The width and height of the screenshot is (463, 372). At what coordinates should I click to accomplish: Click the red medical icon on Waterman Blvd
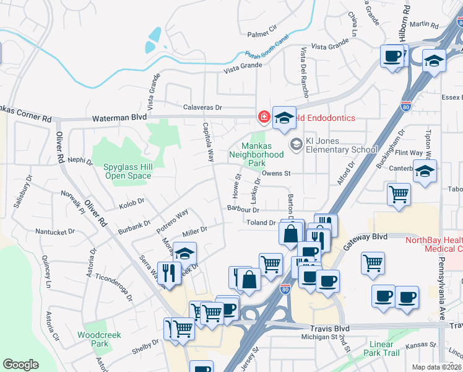pos(264,117)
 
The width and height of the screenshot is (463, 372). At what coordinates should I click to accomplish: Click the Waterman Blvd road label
pos(119,117)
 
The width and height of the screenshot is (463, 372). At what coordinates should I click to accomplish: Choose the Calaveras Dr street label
pos(201,107)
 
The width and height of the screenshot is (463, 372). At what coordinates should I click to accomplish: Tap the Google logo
pos(20,365)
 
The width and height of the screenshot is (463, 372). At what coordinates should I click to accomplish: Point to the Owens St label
pos(275,174)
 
